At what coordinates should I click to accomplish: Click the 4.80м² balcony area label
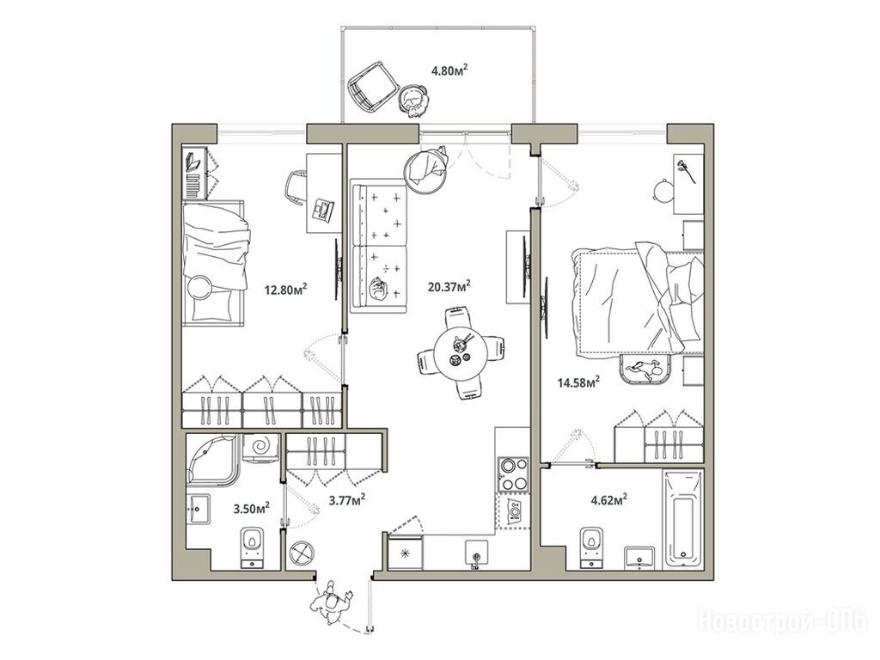449,70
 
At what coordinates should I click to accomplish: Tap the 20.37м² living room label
449,287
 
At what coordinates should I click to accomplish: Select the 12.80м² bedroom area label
285,290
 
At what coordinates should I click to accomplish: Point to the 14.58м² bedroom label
578,382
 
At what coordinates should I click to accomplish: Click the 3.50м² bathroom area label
252,509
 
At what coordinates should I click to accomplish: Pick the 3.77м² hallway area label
347,499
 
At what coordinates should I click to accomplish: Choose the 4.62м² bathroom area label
609,499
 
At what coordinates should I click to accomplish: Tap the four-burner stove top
513,474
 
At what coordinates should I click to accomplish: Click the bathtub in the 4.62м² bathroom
683,520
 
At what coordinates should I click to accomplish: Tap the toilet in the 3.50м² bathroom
254,547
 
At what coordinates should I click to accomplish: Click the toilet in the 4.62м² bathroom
592,547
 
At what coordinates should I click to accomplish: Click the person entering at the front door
333,603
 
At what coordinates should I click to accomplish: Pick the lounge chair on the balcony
372,86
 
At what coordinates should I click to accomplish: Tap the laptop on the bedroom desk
322,210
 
